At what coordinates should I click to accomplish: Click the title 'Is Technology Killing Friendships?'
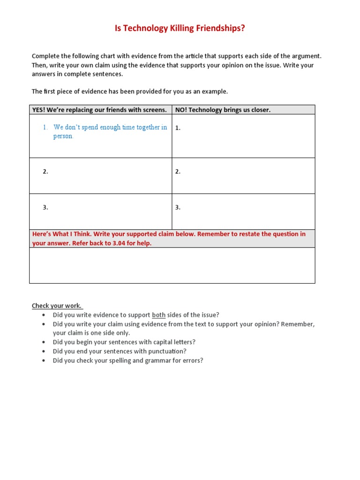point(180,29)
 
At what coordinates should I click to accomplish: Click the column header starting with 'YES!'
point(99,110)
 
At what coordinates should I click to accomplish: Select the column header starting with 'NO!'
point(223,110)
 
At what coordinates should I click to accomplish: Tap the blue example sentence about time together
point(110,132)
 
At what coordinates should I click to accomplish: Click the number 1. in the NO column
point(178,128)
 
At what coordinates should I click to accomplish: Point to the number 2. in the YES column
point(45,172)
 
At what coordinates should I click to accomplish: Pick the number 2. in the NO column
point(178,172)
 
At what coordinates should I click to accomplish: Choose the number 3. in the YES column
point(45,207)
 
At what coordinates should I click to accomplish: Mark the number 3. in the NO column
point(178,207)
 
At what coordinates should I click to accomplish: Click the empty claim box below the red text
point(172,265)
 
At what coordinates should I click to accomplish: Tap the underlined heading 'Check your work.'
point(57,306)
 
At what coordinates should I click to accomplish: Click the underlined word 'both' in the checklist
point(158,315)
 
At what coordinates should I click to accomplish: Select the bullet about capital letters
point(124,342)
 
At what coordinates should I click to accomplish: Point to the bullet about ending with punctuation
point(119,351)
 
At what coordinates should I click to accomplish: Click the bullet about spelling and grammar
point(127,360)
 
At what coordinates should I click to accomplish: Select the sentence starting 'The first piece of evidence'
point(129,91)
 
